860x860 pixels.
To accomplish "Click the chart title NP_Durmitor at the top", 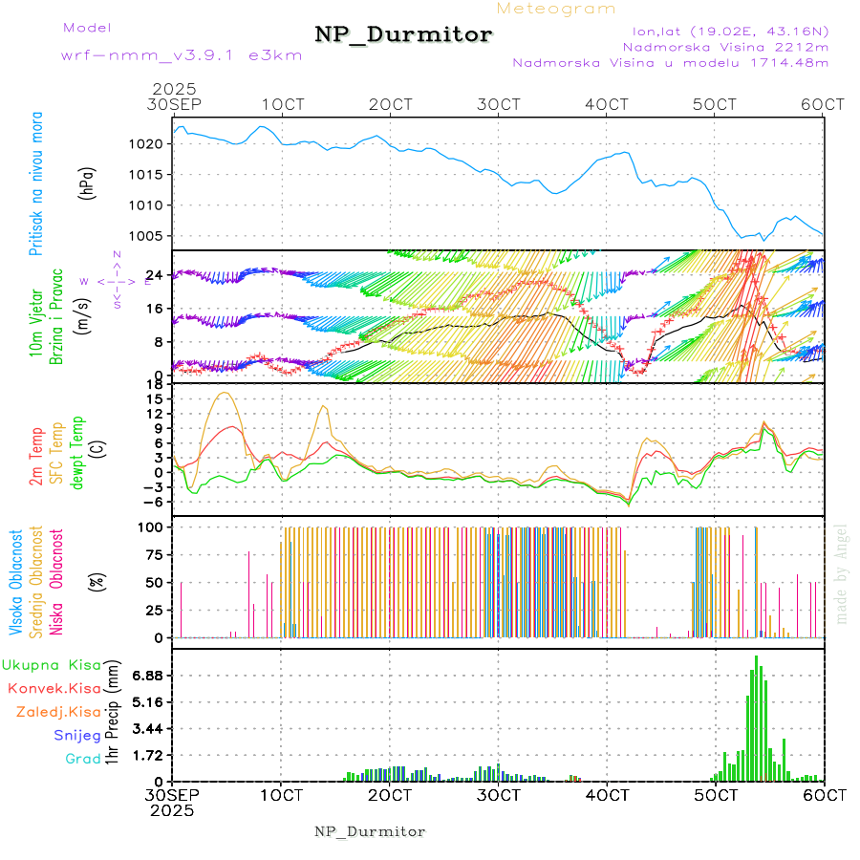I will click(403, 35).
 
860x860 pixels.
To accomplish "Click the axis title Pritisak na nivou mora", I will click(36, 183).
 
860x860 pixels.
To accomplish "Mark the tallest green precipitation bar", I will click(756, 718).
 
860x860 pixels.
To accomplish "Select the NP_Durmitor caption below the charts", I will click(370, 831).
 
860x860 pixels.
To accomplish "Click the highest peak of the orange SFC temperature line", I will click(226, 392).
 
